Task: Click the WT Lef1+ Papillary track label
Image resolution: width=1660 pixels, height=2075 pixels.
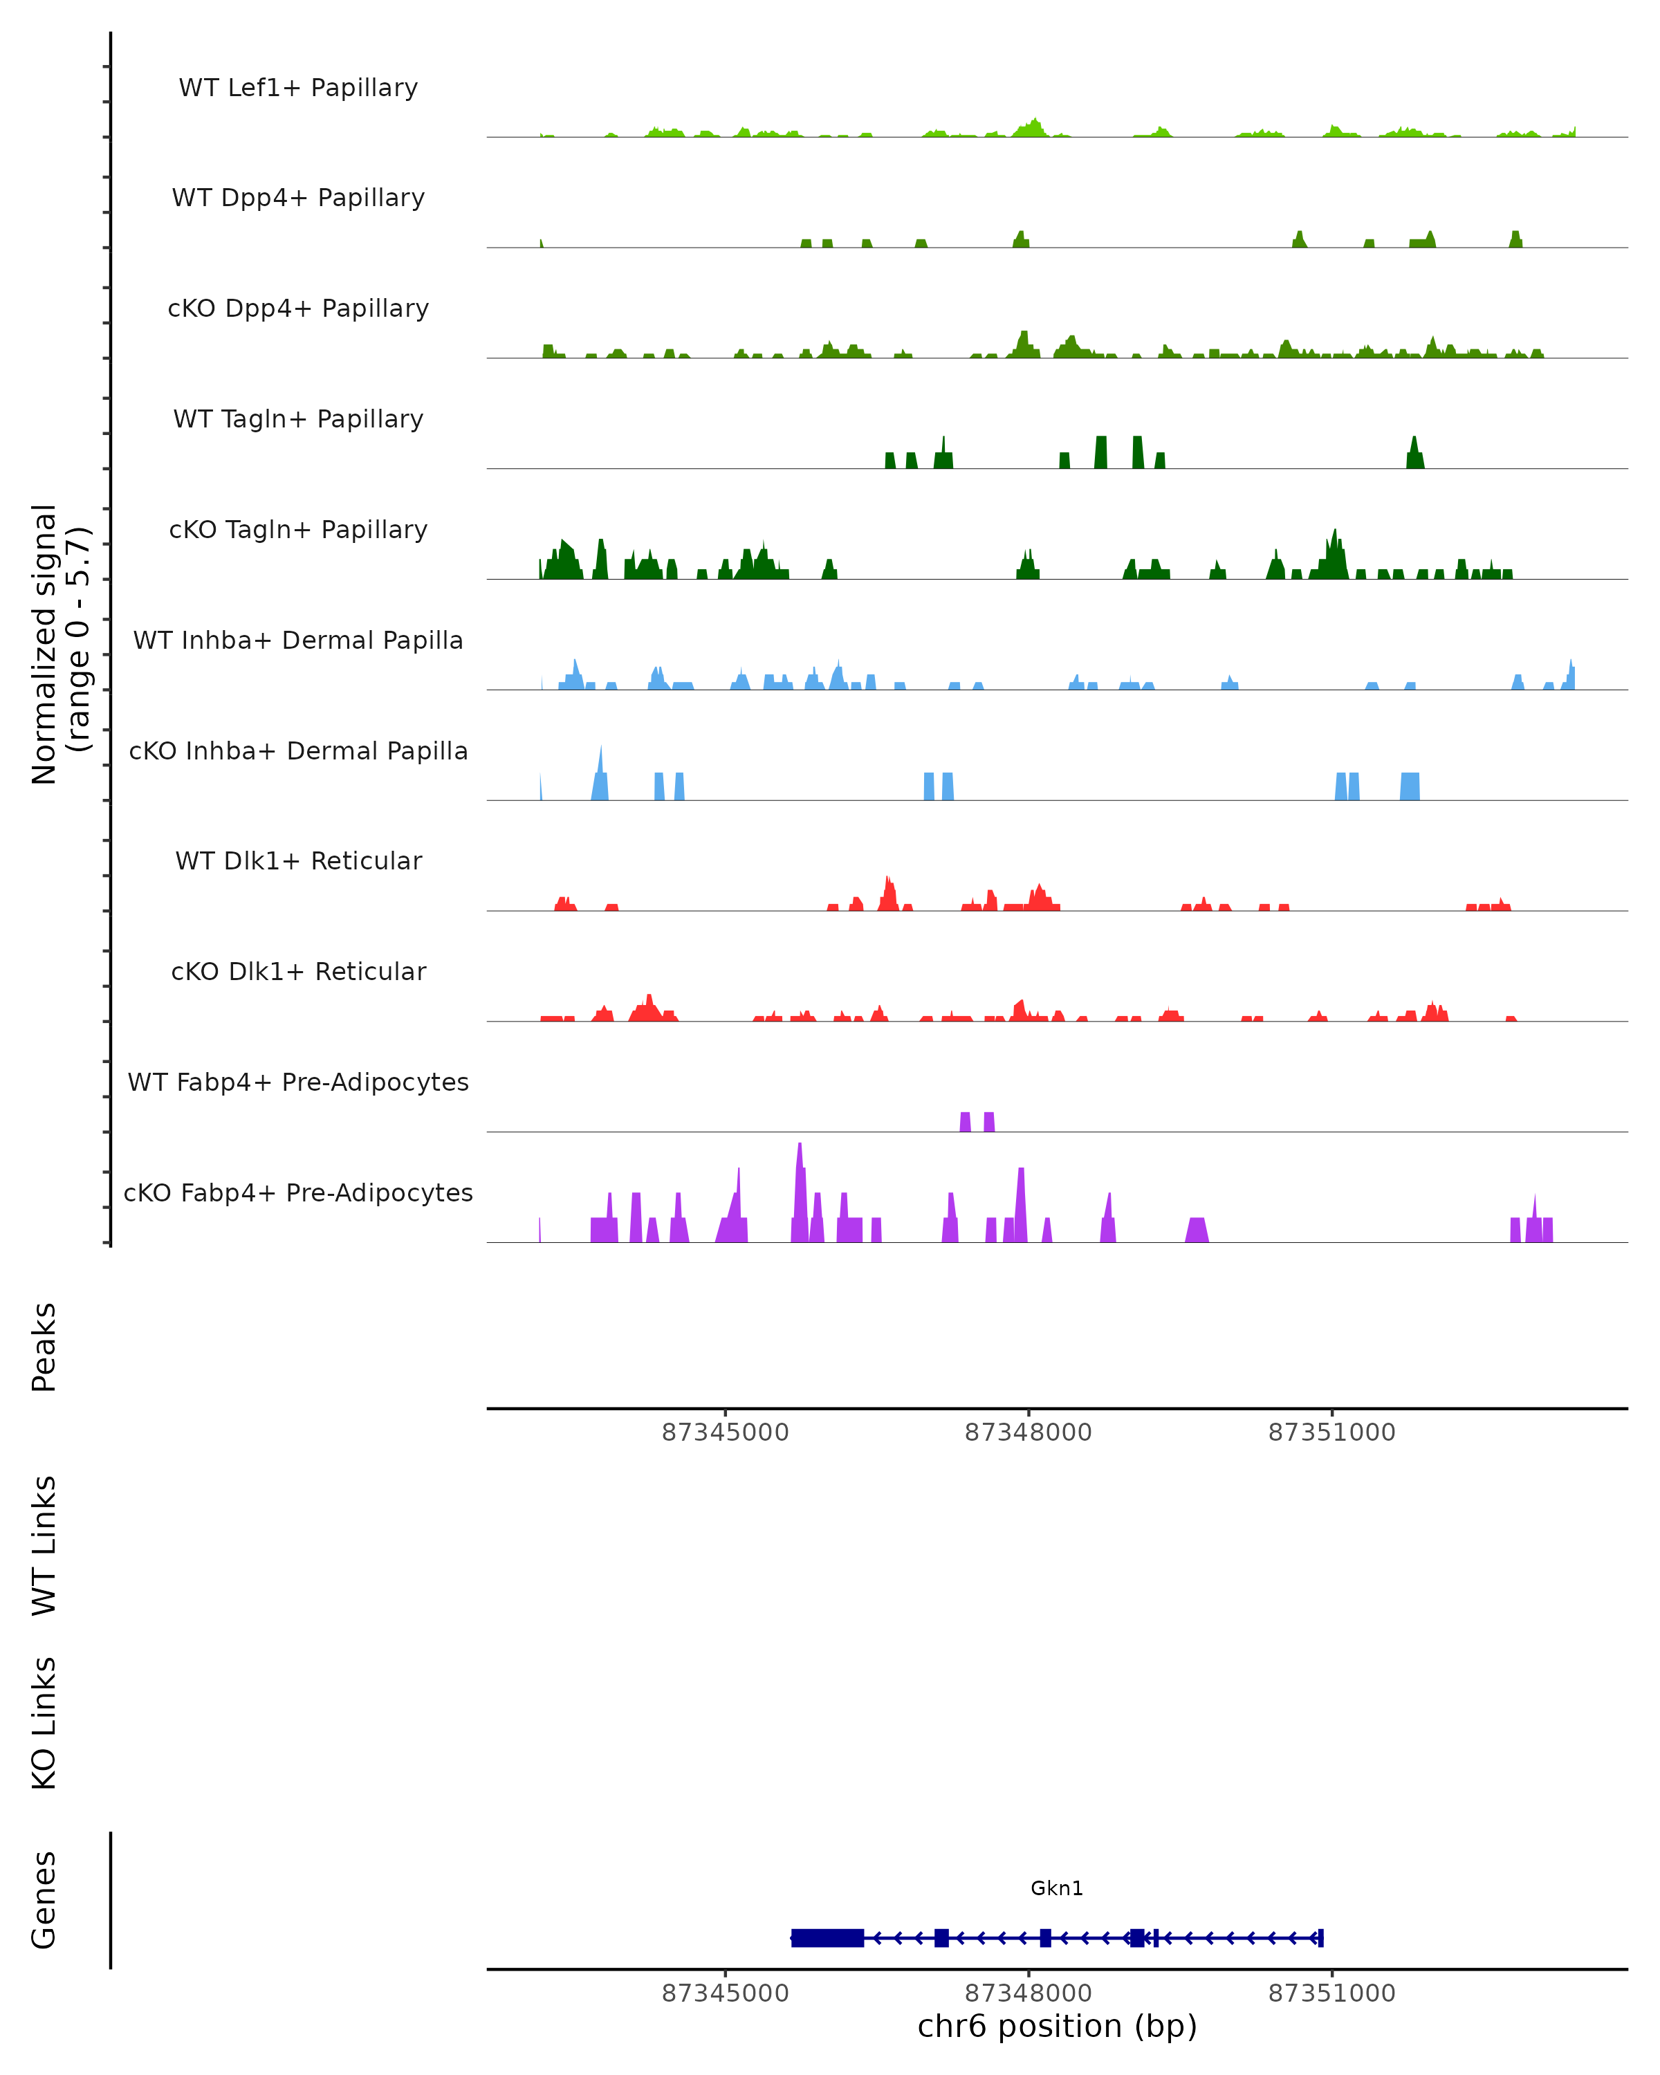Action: (298, 88)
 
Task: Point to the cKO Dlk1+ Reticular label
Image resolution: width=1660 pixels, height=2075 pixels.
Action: (298, 971)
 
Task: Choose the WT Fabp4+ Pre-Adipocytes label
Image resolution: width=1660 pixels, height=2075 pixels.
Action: (298, 1082)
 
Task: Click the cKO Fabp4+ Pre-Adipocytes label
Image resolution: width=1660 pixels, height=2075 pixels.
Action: (298, 1192)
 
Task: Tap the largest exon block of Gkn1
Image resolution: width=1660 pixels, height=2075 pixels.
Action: (827, 1937)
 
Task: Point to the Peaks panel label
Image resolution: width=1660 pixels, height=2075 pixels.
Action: (44, 1347)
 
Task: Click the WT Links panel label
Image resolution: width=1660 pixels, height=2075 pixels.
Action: (44, 1544)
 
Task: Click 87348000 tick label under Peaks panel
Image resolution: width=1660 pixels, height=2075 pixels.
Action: (1028, 1432)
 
